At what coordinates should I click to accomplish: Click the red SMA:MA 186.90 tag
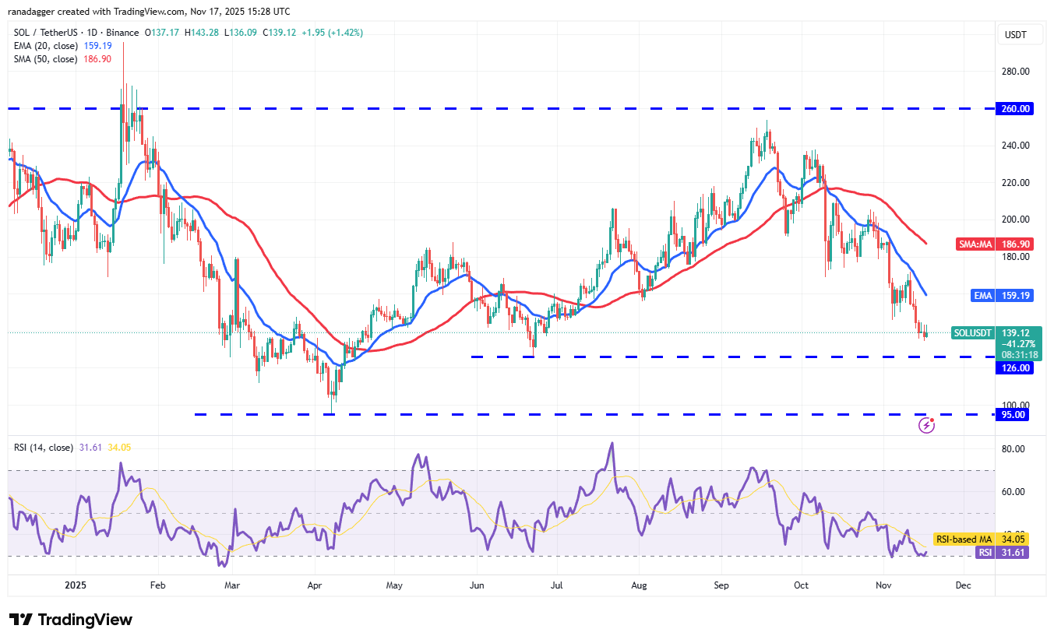pyautogui.click(x=994, y=244)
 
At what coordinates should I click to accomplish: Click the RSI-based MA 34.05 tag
pyautogui.click(x=984, y=539)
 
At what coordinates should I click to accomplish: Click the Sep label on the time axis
pyautogui.click(x=721, y=585)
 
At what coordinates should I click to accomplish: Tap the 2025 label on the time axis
pyautogui.click(x=76, y=585)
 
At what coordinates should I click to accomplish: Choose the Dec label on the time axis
pyautogui.click(x=963, y=585)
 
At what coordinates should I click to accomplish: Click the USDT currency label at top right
pyautogui.click(x=1016, y=35)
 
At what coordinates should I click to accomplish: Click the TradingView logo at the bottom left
pyautogui.click(x=71, y=620)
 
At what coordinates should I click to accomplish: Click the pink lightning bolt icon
pyautogui.click(x=926, y=425)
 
